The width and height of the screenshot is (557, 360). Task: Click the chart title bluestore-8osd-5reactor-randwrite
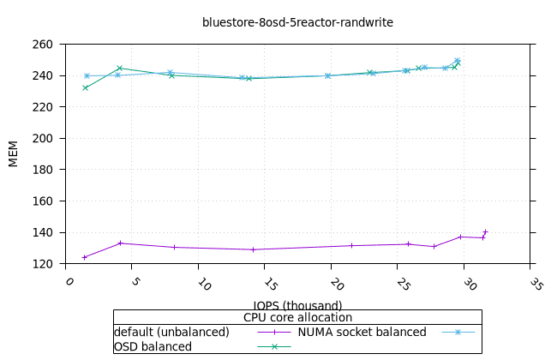[x=297, y=22]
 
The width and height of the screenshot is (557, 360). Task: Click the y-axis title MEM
[x=13, y=153]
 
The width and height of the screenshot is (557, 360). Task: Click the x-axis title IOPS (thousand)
[x=297, y=305]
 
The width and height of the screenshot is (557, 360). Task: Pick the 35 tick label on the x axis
[x=535, y=283]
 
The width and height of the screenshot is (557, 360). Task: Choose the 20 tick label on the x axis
[x=336, y=283]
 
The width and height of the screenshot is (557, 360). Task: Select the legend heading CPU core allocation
[x=297, y=317]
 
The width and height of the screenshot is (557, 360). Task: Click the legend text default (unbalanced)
[x=171, y=332]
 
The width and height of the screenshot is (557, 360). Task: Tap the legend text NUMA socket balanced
[x=362, y=332]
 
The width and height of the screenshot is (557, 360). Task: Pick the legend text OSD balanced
[x=153, y=346]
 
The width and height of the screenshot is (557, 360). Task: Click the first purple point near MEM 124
[x=84, y=257]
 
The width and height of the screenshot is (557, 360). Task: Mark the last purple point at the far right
[x=485, y=231]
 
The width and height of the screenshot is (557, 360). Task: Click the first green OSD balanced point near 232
[x=85, y=87]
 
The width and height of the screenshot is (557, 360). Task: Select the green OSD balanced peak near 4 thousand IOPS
[x=119, y=68]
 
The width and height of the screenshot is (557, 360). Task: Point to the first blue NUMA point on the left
[x=87, y=76]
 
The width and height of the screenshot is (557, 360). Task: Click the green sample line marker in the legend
[x=275, y=346]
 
